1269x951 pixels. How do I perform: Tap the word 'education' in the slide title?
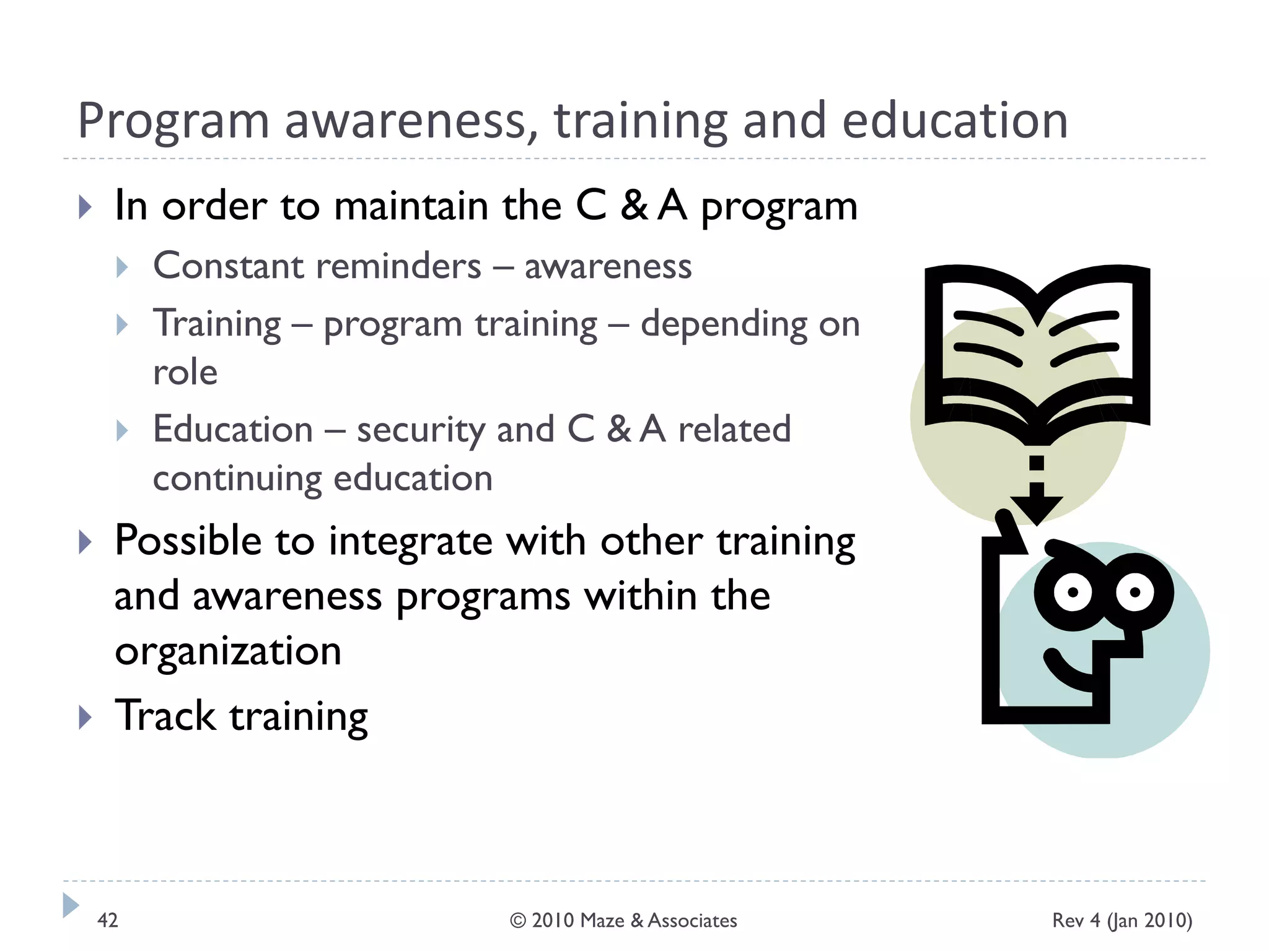click(955, 120)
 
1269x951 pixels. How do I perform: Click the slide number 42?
click(108, 921)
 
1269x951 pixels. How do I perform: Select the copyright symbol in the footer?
click(517, 921)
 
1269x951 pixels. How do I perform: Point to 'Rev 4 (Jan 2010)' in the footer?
click(1122, 921)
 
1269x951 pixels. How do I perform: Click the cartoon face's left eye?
click(1072, 592)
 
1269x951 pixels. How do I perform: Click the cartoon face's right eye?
click(1135, 592)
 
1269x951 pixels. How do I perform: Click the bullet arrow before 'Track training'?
click(86, 718)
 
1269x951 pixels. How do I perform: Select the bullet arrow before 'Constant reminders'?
click(122, 267)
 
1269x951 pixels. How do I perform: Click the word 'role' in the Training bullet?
click(185, 373)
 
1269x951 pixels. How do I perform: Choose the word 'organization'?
click(228, 652)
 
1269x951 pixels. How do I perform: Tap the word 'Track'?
click(165, 716)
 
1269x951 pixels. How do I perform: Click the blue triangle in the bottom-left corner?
click(71, 905)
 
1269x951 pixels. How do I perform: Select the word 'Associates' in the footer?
click(692, 921)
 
